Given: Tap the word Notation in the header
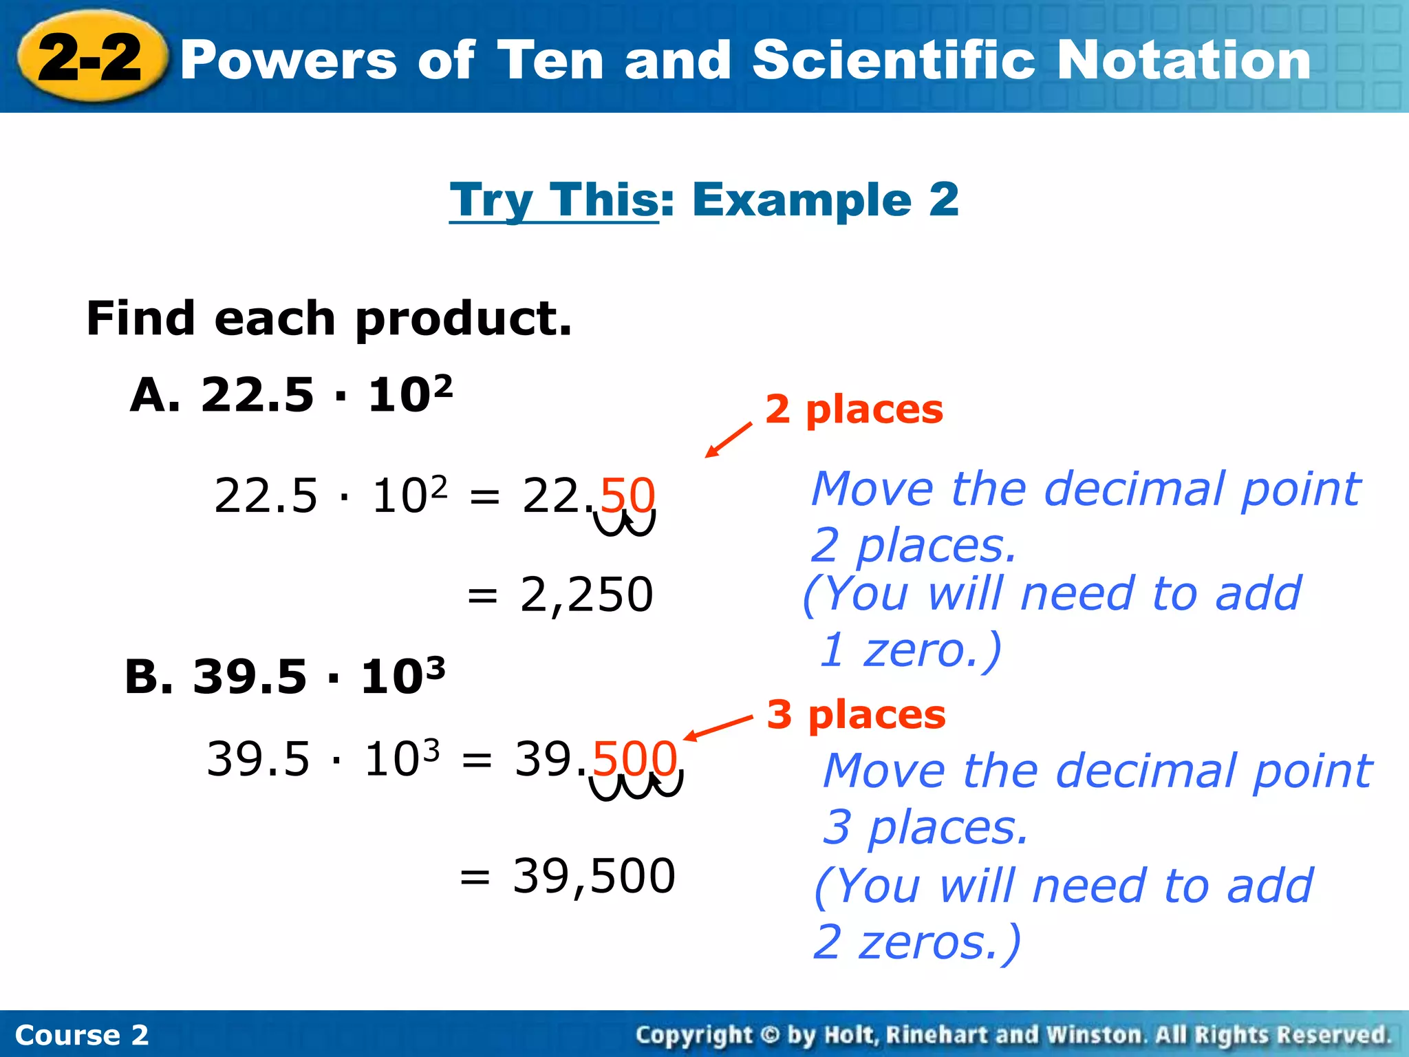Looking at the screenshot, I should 1183,61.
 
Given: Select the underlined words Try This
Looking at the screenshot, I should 554,200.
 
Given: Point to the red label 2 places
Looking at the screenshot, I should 854,409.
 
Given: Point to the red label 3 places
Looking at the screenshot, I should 856,714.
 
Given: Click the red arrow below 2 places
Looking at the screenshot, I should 729,440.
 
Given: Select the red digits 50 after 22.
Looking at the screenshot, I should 627,495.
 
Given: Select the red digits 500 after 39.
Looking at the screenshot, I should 634,758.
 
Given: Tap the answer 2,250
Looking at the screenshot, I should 586,594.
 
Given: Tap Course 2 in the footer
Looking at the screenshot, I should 81,1035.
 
